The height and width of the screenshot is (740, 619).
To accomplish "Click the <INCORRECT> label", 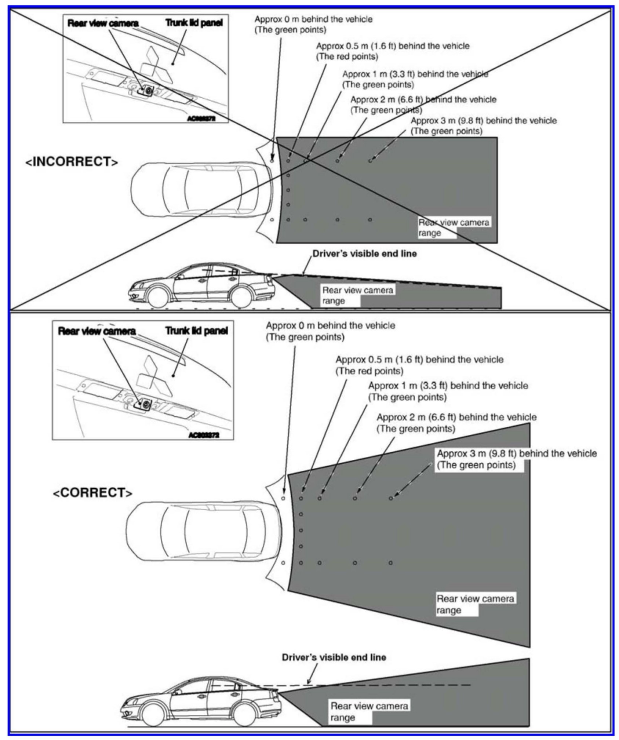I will (x=72, y=161).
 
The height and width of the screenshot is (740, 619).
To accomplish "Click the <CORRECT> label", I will (x=92, y=492).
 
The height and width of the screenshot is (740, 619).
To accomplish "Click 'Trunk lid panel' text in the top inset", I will (x=194, y=23).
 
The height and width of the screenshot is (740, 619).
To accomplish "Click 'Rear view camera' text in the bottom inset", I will (x=97, y=331).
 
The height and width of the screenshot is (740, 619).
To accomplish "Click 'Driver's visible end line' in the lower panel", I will (x=334, y=657).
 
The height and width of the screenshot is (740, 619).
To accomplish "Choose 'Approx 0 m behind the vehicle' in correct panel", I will (x=331, y=326).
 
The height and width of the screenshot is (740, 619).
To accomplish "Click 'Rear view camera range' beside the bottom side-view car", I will (x=369, y=711).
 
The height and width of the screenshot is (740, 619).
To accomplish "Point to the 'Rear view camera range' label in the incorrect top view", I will (x=454, y=227).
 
